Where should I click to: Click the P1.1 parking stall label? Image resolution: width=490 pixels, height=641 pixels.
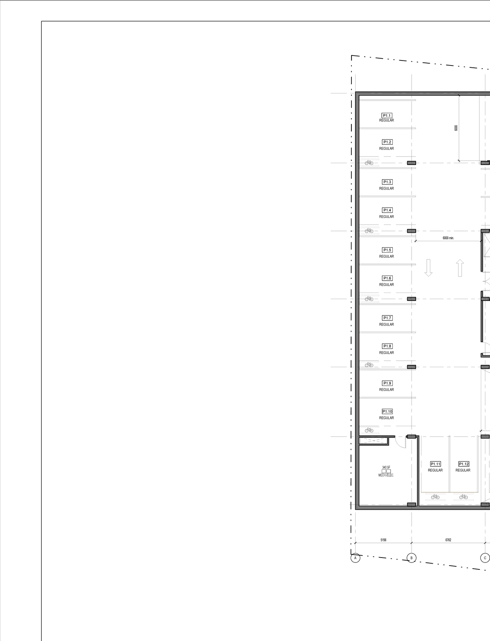coord(387,116)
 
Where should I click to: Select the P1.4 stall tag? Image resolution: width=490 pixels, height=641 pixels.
coord(387,210)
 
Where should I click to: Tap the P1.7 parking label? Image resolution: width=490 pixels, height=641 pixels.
coord(387,318)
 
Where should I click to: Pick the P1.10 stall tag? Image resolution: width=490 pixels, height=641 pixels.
coord(387,412)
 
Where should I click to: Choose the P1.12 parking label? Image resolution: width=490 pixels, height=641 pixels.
coord(464,464)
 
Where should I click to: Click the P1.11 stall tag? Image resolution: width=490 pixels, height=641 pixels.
coord(435,464)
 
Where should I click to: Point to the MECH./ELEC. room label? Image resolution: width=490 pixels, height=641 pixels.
coord(386,475)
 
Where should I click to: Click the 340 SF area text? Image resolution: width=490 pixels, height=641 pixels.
coord(386,467)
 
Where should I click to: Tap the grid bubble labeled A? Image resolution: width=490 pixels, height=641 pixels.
coord(355,558)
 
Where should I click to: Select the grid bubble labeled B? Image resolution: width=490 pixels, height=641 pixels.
coord(412,558)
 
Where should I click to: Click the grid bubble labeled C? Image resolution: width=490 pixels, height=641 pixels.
coord(485,558)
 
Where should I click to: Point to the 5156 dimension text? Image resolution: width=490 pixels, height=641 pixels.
coord(383,540)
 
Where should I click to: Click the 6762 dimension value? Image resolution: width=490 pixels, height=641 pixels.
coord(448,540)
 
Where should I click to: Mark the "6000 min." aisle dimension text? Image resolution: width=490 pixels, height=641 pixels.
coord(448,238)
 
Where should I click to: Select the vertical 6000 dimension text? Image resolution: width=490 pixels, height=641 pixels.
coord(456,128)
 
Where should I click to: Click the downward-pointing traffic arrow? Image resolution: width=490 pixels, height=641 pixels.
coord(428,268)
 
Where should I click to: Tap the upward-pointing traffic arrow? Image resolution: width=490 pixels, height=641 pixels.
coord(460,268)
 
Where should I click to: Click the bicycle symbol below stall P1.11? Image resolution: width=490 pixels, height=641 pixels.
coord(435,497)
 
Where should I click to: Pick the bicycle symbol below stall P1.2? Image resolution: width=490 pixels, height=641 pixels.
coord(369,163)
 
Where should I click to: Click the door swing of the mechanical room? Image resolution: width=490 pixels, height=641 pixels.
coord(401,442)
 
